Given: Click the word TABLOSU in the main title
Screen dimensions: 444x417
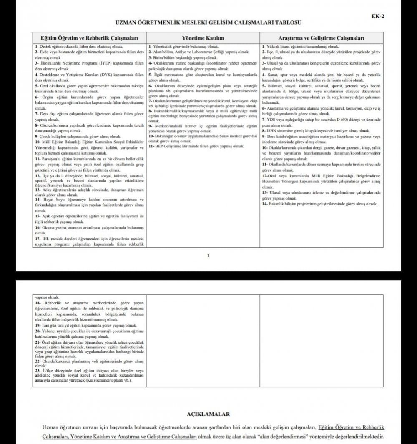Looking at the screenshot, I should click(x=288, y=22).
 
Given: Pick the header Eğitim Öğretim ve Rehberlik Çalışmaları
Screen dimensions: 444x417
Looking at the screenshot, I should click(x=90, y=38).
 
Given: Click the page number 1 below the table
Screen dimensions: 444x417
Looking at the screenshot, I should click(x=208, y=255).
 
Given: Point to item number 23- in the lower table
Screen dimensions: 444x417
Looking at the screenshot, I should click(x=38, y=371).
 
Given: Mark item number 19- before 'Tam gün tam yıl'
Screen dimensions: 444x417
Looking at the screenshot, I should click(x=38, y=325).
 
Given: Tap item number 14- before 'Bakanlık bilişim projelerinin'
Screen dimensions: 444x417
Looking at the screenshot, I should click(x=265, y=204).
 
